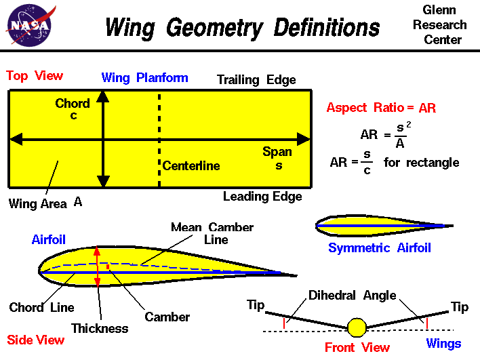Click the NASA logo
[29, 25]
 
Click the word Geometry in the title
[211, 28]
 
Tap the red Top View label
[35, 76]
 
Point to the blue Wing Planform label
[144, 77]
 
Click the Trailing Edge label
[256, 80]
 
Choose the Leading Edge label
[262, 197]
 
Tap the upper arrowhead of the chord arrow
[103, 96]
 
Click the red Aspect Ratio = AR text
[381, 108]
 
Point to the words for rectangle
[421, 163]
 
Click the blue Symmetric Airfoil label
[379, 248]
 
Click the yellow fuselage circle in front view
[357, 327]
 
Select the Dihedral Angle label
[352, 296]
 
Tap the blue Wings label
[443, 344]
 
